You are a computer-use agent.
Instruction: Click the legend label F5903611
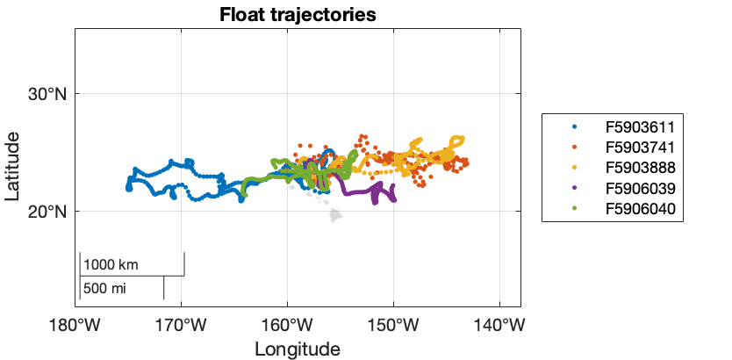[x=644, y=126]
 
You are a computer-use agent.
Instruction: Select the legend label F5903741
[x=644, y=147]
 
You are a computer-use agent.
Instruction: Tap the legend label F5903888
[x=644, y=167]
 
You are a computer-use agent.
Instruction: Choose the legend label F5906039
[x=644, y=188]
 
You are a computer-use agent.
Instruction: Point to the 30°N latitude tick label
[x=48, y=94]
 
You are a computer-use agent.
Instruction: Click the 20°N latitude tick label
[x=48, y=212]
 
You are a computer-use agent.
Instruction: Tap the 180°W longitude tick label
[x=75, y=324]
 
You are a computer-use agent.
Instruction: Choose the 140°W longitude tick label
[x=499, y=324]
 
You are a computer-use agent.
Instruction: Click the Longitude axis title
[x=297, y=349]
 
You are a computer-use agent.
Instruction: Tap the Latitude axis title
[x=13, y=167]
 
